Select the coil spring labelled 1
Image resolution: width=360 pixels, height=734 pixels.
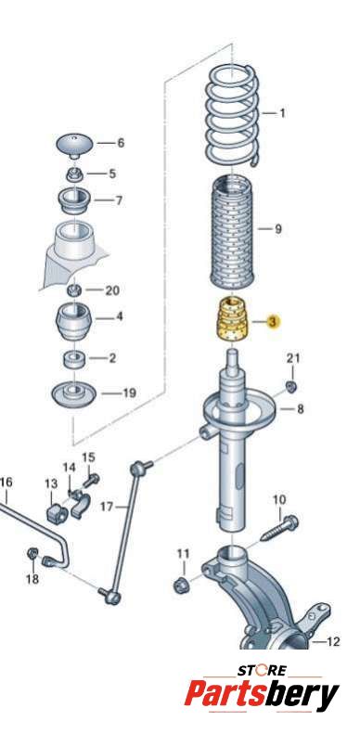pos(233,115)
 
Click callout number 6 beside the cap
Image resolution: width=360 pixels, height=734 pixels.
pos(121,143)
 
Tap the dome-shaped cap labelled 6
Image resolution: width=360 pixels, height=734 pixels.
pos(75,146)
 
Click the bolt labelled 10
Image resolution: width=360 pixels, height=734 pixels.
pos(278,528)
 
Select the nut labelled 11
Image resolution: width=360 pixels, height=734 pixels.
pos(181,585)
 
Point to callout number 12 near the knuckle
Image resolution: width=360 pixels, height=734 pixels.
pos(333,641)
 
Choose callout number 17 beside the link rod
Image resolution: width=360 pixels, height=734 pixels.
pos(107,507)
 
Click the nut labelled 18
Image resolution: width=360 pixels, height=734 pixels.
pos(32,553)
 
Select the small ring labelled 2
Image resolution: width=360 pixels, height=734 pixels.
pos(74,359)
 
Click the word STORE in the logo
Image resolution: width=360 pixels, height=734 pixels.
pos(262,670)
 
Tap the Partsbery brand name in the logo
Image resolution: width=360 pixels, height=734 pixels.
pos(262,695)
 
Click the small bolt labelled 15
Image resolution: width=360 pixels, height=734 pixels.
pos(92,480)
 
